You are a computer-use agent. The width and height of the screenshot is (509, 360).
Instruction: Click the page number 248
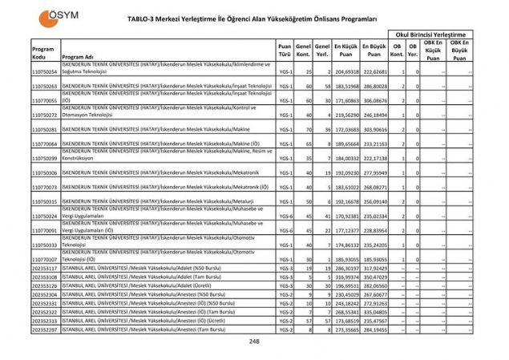(254, 342)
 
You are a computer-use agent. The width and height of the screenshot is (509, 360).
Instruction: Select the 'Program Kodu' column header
(43, 52)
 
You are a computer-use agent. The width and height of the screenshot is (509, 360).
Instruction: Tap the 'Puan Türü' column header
(284, 51)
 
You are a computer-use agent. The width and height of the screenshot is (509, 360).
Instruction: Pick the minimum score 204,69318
(345, 71)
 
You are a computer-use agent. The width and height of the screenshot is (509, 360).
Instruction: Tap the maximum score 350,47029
(374, 277)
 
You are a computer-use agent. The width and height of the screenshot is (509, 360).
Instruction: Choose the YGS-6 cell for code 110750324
(285, 216)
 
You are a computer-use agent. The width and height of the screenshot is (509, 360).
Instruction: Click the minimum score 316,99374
(345, 277)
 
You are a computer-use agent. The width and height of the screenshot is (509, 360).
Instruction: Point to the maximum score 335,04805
(374, 312)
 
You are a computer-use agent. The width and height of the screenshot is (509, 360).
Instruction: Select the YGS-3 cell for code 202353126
(285, 285)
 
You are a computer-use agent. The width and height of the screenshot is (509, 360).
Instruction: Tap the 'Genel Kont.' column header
(303, 51)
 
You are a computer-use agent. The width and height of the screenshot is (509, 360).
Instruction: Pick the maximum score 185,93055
(374, 259)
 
